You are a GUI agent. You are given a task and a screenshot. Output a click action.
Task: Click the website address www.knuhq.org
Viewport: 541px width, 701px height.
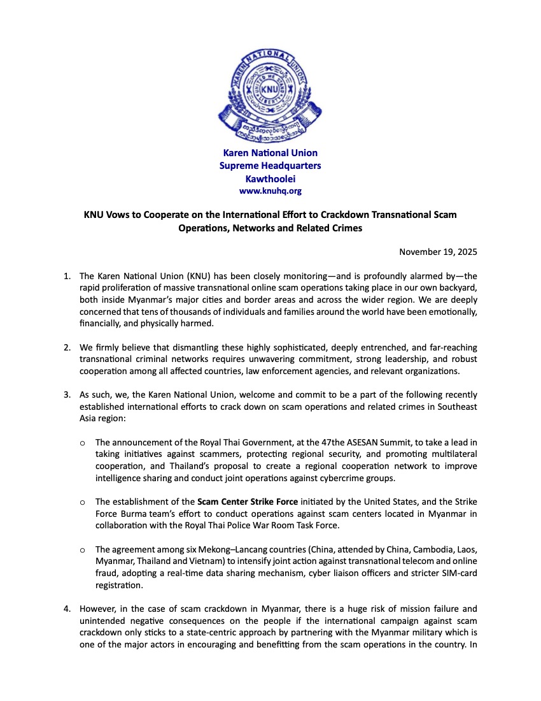click(270, 191)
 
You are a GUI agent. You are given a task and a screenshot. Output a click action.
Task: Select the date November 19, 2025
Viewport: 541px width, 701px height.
click(438, 252)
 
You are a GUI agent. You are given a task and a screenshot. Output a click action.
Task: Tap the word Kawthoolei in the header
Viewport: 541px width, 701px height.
click(270, 178)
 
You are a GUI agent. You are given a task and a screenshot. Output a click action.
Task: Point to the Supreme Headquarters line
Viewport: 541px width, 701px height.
click(270, 166)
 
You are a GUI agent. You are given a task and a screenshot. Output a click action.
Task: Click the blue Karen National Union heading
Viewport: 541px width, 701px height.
click(270, 153)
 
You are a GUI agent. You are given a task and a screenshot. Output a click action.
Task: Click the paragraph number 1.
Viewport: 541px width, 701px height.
click(66, 276)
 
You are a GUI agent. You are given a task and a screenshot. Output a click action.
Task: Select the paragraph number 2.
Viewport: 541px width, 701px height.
click(66, 347)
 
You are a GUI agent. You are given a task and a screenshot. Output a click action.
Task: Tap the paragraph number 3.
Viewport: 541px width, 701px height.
click(66, 395)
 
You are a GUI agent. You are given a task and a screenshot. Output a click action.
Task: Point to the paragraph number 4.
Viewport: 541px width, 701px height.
click(66, 609)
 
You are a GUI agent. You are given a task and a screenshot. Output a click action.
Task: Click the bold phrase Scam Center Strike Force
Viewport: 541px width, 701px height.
click(247, 502)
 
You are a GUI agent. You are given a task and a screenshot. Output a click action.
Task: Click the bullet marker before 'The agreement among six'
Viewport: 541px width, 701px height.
click(82, 549)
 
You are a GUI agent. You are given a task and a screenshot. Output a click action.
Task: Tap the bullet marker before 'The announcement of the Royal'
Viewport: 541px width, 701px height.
click(82, 442)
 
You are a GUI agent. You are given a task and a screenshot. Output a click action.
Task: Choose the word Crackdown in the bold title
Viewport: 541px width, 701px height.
click(361, 215)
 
